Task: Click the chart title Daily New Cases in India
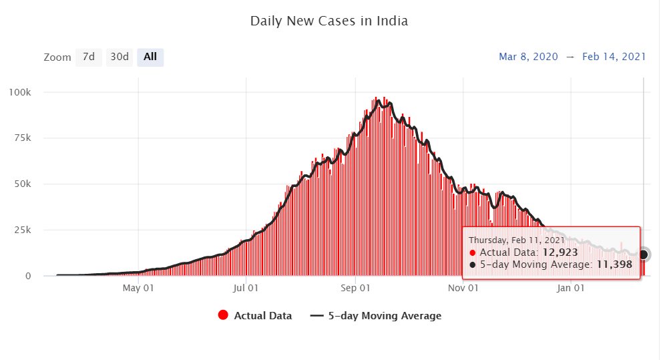point(328,21)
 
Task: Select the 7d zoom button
point(88,57)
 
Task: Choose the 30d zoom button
point(120,57)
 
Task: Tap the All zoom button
point(150,57)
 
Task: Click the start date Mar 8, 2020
point(528,57)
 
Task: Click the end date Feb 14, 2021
point(614,57)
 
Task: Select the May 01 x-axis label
point(139,289)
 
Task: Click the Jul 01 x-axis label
point(246,289)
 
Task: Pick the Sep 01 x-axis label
point(355,289)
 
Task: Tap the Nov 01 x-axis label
point(463,289)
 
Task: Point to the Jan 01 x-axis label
point(571,289)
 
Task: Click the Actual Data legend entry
point(255,316)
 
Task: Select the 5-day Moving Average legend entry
point(376,316)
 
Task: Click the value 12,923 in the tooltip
point(560,252)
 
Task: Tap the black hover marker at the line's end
point(643,254)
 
